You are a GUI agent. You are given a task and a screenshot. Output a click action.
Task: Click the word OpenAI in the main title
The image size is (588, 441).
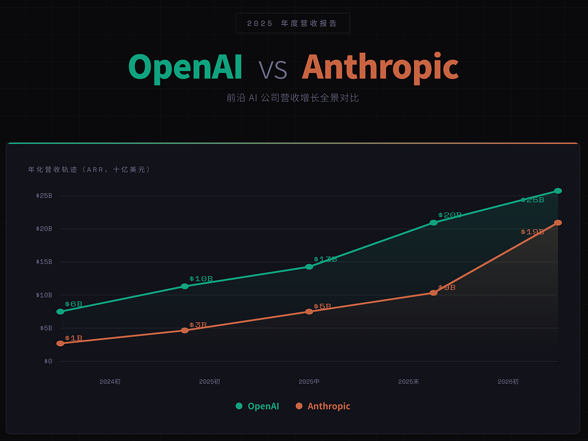tap(185, 68)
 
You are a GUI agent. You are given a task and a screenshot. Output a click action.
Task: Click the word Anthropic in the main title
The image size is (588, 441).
tap(380, 68)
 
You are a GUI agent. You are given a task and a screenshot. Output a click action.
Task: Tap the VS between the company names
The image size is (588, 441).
tap(272, 69)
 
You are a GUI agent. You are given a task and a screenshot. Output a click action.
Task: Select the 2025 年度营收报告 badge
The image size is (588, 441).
tap(292, 24)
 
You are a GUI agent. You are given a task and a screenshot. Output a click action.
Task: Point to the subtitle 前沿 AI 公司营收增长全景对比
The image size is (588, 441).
tap(292, 98)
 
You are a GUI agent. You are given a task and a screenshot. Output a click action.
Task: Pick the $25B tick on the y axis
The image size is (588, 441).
tap(44, 196)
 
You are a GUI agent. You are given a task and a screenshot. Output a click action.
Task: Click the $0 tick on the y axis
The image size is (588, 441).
tap(48, 361)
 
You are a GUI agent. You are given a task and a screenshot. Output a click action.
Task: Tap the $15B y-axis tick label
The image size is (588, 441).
tap(44, 262)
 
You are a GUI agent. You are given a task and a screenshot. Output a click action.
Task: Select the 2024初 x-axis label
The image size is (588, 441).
tap(110, 381)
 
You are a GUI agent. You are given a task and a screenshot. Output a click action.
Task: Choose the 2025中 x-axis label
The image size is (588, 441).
tap(309, 381)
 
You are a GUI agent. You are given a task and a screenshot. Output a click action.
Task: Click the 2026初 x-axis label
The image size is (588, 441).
tap(508, 381)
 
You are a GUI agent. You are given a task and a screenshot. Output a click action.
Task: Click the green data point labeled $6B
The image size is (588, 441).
tap(60, 311)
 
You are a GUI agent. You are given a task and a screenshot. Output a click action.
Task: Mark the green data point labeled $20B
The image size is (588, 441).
tap(434, 222)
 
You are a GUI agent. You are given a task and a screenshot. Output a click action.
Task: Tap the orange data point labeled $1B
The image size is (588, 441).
tap(60, 343)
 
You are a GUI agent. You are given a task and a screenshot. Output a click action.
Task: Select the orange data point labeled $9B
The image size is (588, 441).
tap(434, 293)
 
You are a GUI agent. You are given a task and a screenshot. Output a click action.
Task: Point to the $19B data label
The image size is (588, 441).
tap(532, 232)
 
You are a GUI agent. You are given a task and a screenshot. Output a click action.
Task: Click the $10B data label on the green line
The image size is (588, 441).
tap(201, 279)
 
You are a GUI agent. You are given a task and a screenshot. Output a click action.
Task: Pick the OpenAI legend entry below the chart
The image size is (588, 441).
tap(258, 406)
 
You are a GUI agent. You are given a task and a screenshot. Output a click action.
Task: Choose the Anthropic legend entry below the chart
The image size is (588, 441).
tap(323, 406)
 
